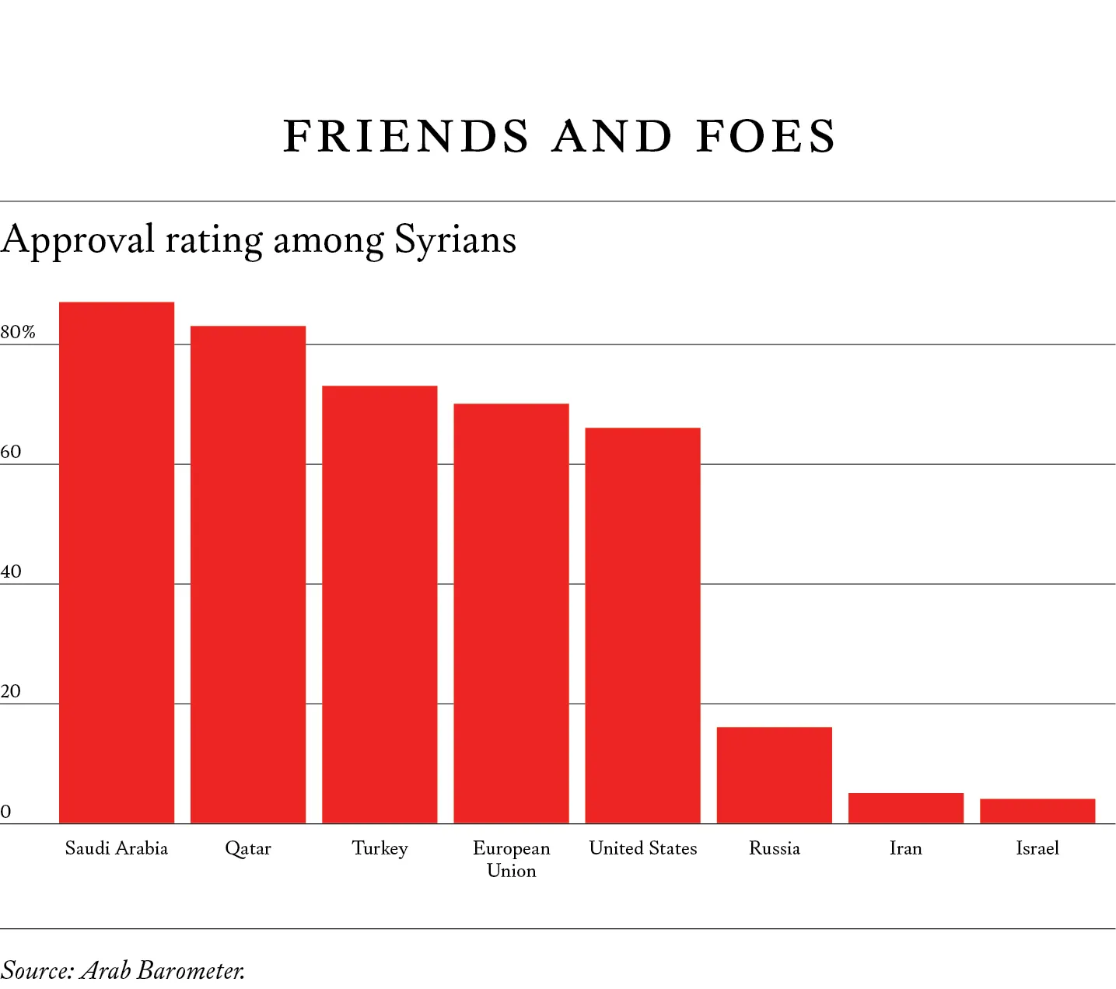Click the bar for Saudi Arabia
point(117,562)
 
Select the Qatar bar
point(248,574)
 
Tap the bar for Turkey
point(380,604)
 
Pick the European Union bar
point(511,613)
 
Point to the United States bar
point(642,625)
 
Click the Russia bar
point(774,774)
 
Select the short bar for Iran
point(905,808)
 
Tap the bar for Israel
point(1037,811)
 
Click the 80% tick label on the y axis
point(18,333)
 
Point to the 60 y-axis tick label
point(11,453)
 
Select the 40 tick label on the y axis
point(11,572)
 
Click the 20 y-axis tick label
point(11,692)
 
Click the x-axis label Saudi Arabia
point(117,848)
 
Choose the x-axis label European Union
point(511,859)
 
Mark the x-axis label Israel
point(1037,848)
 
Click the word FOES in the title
point(766,137)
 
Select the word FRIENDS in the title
point(407,137)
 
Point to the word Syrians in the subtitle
point(455,239)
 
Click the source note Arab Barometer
point(163,970)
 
